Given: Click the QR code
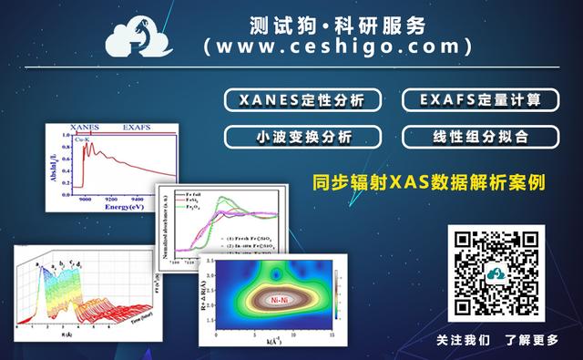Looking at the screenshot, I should click(496, 272).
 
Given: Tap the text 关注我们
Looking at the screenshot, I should click(462, 340).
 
